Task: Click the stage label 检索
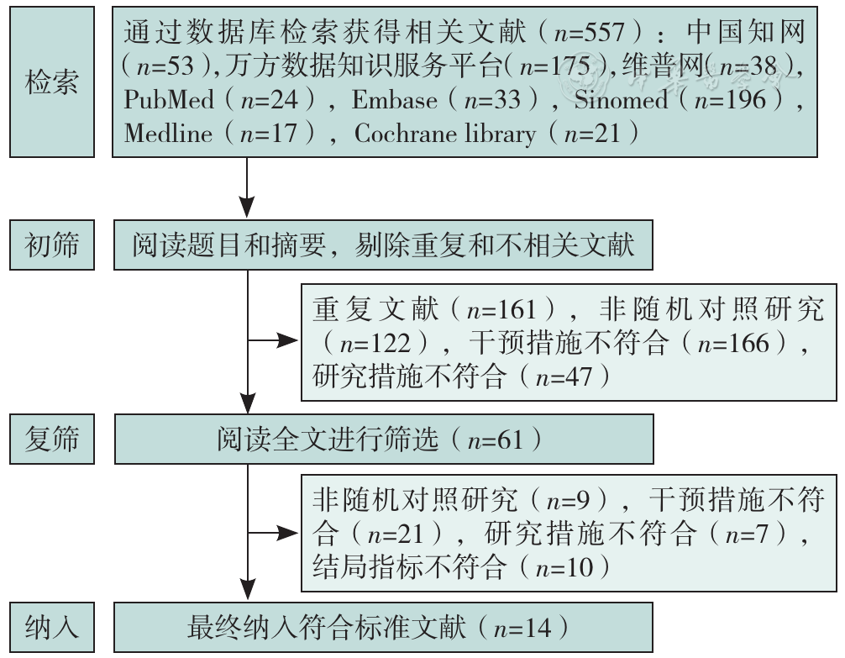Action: (x=52, y=82)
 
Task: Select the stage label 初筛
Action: (x=52, y=245)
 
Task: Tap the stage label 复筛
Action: (x=52, y=439)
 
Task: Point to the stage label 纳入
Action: (x=52, y=628)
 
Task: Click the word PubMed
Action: (x=169, y=100)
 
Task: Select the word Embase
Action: (x=395, y=100)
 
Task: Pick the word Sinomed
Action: (x=621, y=100)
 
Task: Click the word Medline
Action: (x=168, y=134)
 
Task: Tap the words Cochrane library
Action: (x=445, y=134)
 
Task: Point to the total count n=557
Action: (x=589, y=33)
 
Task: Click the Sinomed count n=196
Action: (x=730, y=100)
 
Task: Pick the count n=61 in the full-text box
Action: (x=496, y=440)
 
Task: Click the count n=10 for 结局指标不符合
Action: (x=564, y=568)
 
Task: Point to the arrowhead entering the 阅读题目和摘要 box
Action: (x=247, y=208)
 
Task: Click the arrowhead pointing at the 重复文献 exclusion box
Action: (x=287, y=340)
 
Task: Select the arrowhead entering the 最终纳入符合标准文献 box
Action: (x=247, y=589)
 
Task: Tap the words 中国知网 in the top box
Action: (x=747, y=33)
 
